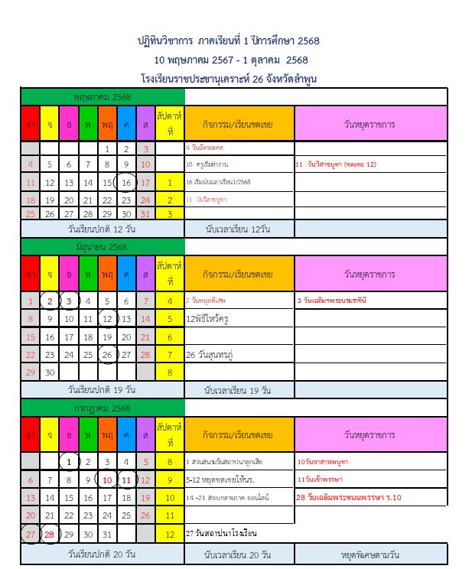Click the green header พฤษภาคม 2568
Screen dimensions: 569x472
(103, 97)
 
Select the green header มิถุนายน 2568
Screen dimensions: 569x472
(103, 247)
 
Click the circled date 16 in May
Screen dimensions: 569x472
(126, 183)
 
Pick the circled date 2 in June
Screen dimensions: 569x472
(50, 301)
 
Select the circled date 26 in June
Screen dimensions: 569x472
(107, 354)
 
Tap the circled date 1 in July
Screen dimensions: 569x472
(69, 461)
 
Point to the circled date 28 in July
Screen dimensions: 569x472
(50, 534)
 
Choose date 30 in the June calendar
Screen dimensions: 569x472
(50, 372)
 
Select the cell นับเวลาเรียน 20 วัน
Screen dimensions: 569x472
(239, 553)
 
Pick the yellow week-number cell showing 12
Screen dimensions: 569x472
(168, 534)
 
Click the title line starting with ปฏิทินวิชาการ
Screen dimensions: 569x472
(236, 41)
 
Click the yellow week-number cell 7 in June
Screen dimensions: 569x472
(168, 354)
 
